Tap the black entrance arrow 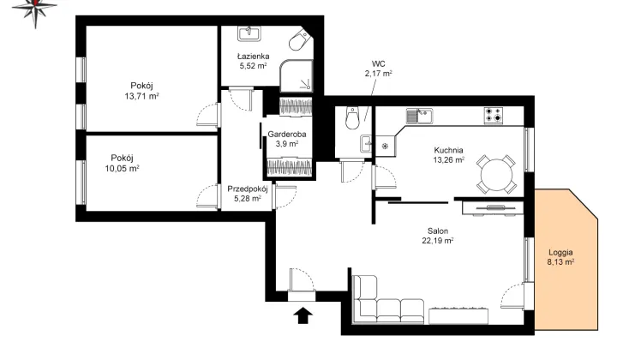pyautogui.click(x=303, y=315)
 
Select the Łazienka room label pyautogui.click(x=253, y=57)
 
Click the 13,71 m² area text pyautogui.click(x=141, y=96)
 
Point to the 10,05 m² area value pyautogui.click(x=122, y=168)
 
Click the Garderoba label pyautogui.click(x=287, y=135)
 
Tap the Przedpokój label pyautogui.click(x=248, y=189)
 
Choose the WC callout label pyautogui.click(x=378, y=63)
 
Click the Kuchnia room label pyautogui.click(x=448, y=150)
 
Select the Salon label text pyautogui.click(x=438, y=231)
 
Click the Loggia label pyautogui.click(x=560, y=252)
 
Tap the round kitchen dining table pyautogui.click(x=496, y=174)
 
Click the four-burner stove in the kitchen pyautogui.click(x=494, y=115)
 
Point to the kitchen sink pyautogui.click(x=419, y=116)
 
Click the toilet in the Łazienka pyautogui.click(x=300, y=39)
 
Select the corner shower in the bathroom pyautogui.click(x=297, y=76)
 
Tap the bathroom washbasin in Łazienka pyautogui.click(x=249, y=33)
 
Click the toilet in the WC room pyautogui.click(x=352, y=117)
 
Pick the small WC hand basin pyautogui.click(x=366, y=144)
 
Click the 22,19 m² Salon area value pyautogui.click(x=438, y=241)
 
